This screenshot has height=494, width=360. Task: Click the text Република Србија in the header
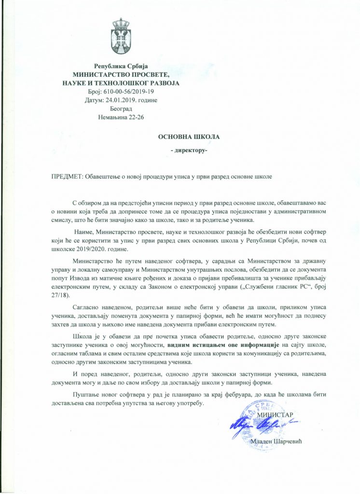121,66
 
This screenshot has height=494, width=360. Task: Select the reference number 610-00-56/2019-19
128,92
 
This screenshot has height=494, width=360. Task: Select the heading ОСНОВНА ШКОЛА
189,137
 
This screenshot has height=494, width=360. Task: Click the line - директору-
189,152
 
